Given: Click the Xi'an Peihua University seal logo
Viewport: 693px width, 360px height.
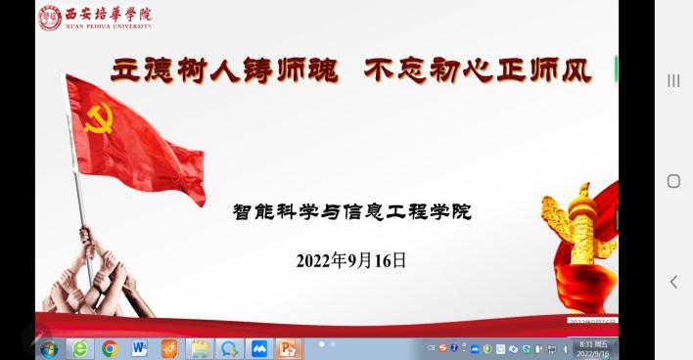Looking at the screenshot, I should [x=50, y=18].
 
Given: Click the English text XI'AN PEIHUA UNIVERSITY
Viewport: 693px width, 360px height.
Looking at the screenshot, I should [x=108, y=26].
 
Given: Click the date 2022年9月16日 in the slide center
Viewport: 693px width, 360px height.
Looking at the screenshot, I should [x=350, y=260].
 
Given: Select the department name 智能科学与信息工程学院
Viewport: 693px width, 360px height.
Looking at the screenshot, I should [x=351, y=210].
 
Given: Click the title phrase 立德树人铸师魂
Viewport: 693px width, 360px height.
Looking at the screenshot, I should [x=225, y=70].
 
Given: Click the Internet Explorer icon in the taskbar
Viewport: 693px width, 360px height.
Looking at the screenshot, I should [x=79, y=348].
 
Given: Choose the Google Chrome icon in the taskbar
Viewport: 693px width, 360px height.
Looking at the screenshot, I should [x=110, y=348].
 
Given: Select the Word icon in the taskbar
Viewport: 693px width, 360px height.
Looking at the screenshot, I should [x=139, y=348].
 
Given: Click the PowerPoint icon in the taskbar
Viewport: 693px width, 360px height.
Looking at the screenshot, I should [x=288, y=348].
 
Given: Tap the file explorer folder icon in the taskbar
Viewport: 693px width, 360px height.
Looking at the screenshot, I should [x=199, y=348].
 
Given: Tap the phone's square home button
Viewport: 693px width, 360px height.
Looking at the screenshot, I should [x=673, y=181].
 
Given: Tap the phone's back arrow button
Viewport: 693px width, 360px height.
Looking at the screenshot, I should [x=673, y=282].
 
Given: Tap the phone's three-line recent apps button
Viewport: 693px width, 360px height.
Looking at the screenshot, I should [x=673, y=80].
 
